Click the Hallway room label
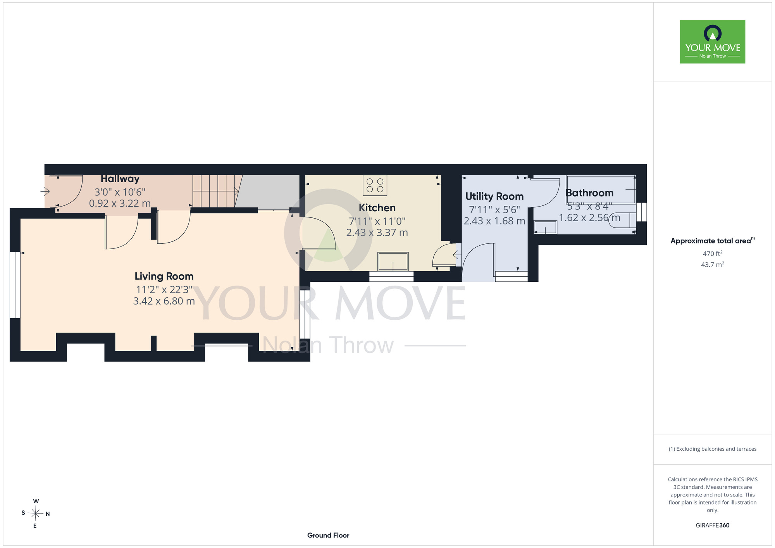pyautogui.click(x=120, y=179)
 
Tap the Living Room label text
pyautogui.click(x=164, y=276)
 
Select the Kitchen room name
pyautogui.click(x=377, y=208)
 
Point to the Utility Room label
pyautogui.click(x=494, y=196)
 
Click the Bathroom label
pyautogui.click(x=589, y=193)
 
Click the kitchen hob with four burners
pyautogui.click(x=375, y=185)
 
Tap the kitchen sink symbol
pyautogui.click(x=393, y=261)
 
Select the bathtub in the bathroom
pyautogui.click(x=601, y=190)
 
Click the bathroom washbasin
pyautogui.click(x=546, y=227)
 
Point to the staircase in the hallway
pyautogui.click(x=217, y=191)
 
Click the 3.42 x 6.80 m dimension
pyautogui.click(x=164, y=301)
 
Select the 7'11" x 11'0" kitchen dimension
pyautogui.click(x=377, y=221)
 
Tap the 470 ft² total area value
pyautogui.click(x=713, y=254)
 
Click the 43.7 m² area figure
pyautogui.click(x=713, y=265)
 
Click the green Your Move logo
pyautogui.click(x=713, y=42)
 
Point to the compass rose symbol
pyautogui.click(x=35, y=514)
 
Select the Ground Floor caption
pyautogui.click(x=328, y=535)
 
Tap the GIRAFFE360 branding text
pyautogui.click(x=713, y=526)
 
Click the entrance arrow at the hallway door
pyautogui.click(x=45, y=191)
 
